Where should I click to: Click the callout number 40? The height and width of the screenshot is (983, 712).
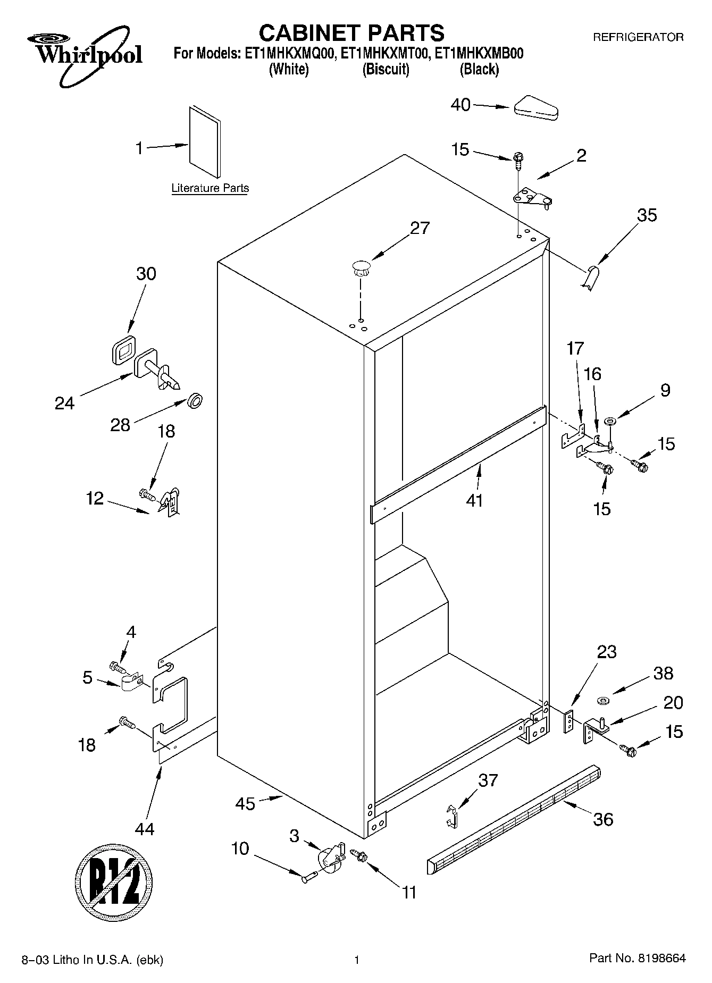[460, 105]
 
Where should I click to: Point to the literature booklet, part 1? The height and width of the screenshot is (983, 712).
[205, 141]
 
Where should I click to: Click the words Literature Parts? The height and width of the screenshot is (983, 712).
[210, 188]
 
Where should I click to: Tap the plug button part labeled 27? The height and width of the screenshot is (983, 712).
[360, 267]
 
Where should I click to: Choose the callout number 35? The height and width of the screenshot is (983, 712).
[647, 215]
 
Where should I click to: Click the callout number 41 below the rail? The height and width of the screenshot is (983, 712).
[474, 500]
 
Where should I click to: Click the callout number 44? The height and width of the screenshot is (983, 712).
[145, 828]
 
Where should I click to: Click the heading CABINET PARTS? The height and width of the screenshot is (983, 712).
[351, 33]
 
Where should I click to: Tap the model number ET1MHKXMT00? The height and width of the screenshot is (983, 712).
[385, 54]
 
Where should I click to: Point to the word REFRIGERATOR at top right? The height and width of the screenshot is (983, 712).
[638, 38]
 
